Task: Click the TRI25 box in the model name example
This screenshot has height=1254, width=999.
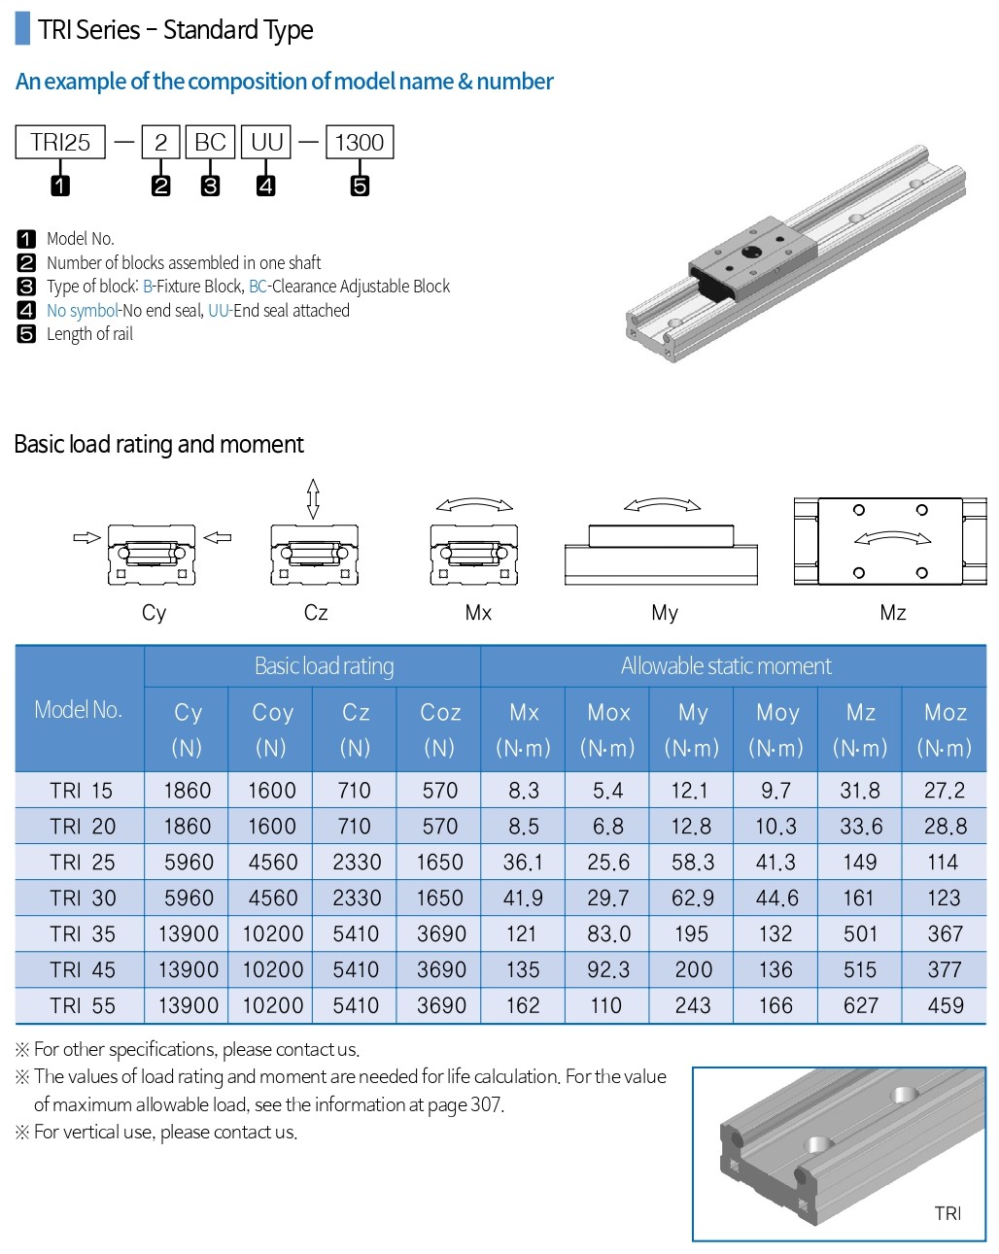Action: (x=60, y=143)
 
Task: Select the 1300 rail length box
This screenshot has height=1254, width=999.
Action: (x=360, y=143)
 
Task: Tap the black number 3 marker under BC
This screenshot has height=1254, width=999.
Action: (x=210, y=186)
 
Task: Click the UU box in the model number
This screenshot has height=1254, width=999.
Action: (x=266, y=143)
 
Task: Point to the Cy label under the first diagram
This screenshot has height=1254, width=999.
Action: (x=154, y=613)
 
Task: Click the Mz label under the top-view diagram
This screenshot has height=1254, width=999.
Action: (x=892, y=613)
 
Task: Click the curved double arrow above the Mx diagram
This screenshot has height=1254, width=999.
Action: (x=474, y=504)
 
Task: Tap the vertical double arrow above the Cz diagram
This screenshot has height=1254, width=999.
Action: (x=313, y=498)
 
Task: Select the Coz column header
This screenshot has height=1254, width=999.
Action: (x=440, y=713)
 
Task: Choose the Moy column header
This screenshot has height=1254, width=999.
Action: (x=777, y=713)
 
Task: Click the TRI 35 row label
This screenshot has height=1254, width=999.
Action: (x=83, y=934)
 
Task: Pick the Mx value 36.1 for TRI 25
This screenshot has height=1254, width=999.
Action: (x=523, y=863)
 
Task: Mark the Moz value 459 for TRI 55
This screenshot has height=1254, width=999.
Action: (x=945, y=1006)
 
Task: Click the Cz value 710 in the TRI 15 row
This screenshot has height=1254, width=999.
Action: (x=355, y=791)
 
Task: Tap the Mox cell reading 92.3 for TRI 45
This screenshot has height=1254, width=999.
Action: (x=608, y=970)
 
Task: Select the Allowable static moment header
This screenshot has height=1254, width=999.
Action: (x=726, y=666)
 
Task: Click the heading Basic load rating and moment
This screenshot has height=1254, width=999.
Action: (x=158, y=445)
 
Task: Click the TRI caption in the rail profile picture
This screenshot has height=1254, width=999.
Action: (x=947, y=1213)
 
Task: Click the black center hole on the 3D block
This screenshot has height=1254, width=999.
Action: (x=751, y=252)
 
